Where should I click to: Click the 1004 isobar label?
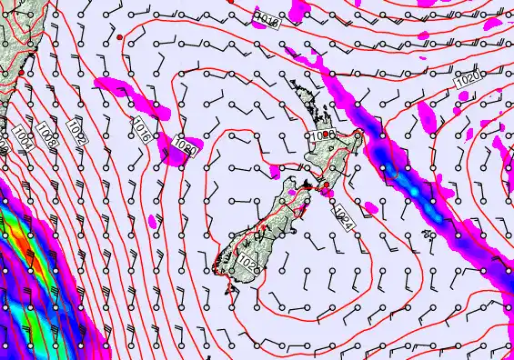[21, 141]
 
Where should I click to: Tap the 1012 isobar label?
[76, 133]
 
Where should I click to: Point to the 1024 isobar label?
[343, 218]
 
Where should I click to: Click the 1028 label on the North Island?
[321, 135]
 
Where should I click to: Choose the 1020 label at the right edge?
[468, 80]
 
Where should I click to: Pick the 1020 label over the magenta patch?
[186, 147]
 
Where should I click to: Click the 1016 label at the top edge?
[267, 19]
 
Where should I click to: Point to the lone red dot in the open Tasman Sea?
[120, 36]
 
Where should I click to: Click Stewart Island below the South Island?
[227, 288]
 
